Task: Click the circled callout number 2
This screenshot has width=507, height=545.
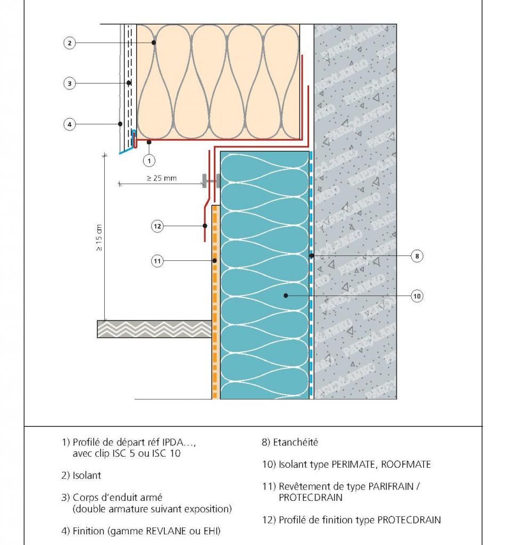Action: click(70, 43)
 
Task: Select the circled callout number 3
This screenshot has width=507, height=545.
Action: click(70, 83)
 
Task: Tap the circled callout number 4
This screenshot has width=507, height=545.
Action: click(70, 125)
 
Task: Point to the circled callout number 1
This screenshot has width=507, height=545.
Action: click(149, 159)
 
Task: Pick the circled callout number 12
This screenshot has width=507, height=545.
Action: click(157, 226)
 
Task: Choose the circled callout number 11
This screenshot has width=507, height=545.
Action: click(157, 261)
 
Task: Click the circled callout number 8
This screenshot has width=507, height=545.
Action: click(417, 256)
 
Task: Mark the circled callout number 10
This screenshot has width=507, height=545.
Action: click(417, 296)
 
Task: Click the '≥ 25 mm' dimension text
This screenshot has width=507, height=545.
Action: click(161, 178)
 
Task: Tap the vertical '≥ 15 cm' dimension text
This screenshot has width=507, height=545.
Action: click(99, 236)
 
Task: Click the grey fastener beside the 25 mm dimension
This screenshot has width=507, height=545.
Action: click(210, 181)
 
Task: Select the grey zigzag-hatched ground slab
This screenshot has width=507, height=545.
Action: click(154, 329)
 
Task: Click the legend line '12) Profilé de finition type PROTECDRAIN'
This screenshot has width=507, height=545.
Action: click(352, 520)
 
